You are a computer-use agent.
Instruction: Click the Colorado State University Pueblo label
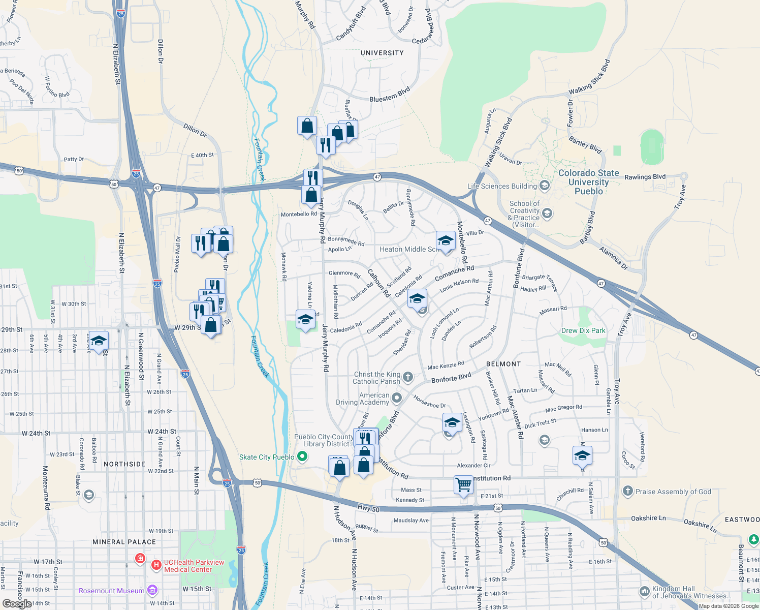click(x=588, y=182)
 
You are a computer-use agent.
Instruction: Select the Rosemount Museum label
click(x=111, y=591)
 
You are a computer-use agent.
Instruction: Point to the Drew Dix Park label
click(x=583, y=330)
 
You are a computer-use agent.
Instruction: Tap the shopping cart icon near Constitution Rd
click(x=463, y=485)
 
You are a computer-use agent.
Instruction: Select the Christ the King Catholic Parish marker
click(x=408, y=378)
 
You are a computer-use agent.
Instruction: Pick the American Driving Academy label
click(x=362, y=399)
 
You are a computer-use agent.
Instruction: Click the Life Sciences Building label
click(x=502, y=186)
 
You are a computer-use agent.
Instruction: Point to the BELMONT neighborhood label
click(x=503, y=364)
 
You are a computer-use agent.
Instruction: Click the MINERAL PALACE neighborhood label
click(x=124, y=542)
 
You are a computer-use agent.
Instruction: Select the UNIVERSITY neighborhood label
click(x=382, y=53)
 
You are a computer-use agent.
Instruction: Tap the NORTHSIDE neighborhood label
click(x=124, y=464)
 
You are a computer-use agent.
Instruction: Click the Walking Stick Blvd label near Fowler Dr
click(x=589, y=78)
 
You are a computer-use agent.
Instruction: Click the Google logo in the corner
click(x=17, y=603)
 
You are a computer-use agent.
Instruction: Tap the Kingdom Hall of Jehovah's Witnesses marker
click(x=644, y=592)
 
